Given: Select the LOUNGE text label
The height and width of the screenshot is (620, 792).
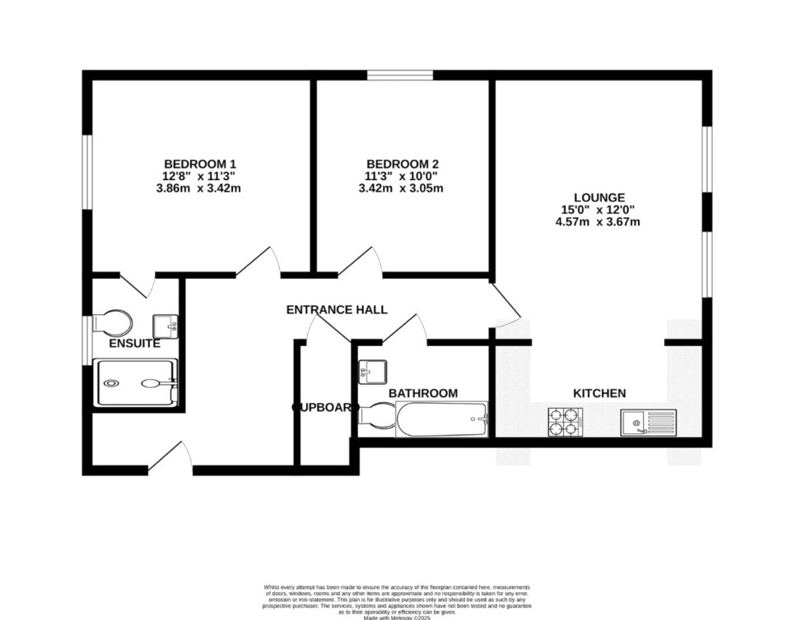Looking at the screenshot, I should pos(599,197).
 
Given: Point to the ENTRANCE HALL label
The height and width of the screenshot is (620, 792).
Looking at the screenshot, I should pos(336,309).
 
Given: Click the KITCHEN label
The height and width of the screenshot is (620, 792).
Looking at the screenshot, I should pos(599,394).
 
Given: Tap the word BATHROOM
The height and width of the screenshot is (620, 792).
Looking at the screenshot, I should pos(422,394).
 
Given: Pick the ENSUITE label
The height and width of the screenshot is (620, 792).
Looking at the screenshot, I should pos(134,344).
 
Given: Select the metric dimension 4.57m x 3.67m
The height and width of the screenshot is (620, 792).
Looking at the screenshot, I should pos(599,221).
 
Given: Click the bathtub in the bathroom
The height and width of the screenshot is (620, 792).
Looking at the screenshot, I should pos(441,419).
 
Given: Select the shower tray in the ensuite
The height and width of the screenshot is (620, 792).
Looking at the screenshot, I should pos(137,383).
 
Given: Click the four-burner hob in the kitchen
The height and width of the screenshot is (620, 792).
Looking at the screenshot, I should pos(565,423).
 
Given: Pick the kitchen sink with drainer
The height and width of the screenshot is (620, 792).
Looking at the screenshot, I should pos(648,423).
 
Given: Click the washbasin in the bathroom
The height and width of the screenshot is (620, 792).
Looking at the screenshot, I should pos(372,371).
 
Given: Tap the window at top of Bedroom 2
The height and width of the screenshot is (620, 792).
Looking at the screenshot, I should pos(400,76).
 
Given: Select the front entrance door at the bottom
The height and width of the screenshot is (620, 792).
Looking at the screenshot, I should pos(170,457).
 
